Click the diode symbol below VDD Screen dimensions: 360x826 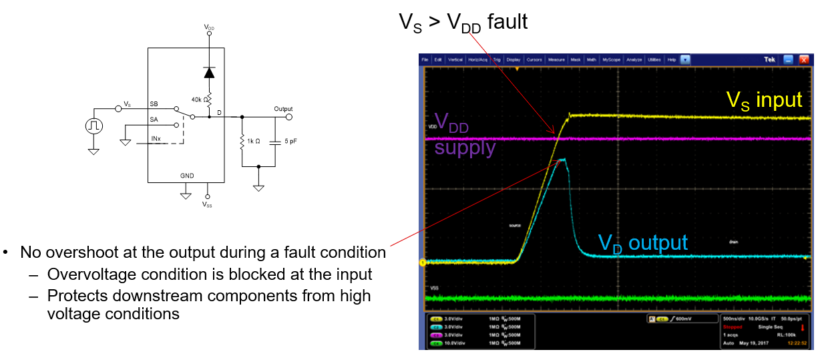pos(209,72)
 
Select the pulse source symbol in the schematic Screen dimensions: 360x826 pos(93,125)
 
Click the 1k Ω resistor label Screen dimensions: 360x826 pos(254,141)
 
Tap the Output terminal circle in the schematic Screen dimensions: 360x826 pos(288,118)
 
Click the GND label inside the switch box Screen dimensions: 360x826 pos(187,176)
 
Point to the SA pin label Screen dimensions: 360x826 pos(154,120)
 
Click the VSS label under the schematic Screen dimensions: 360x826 pos(208,205)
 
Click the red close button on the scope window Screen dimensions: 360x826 pos(804,59)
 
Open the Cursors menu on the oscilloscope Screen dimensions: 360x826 pos(534,59)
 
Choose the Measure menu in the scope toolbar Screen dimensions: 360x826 pos(556,59)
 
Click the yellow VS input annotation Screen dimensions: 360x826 pos(764,100)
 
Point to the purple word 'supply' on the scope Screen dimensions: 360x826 pos(465,148)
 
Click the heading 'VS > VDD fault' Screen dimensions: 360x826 pos(463,22)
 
